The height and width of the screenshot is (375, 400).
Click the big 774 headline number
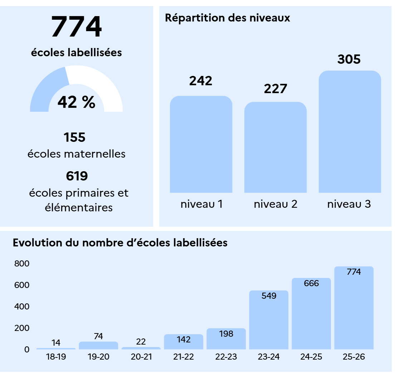pyautogui.click(x=76, y=27)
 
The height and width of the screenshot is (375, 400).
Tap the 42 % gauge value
pyautogui.click(x=76, y=102)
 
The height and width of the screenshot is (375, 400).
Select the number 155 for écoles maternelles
pyautogui.click(x=74, y=137)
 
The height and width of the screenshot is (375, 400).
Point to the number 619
pyautogui.click(x=77, y=176)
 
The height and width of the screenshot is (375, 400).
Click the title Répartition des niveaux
pyautogui.click(x=228, y=18)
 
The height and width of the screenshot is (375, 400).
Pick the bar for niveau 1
pyautogui.click(x=201, y=144)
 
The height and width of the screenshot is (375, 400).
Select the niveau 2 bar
pyautogui.click(x=275, y=148)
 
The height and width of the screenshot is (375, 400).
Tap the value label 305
pyautogui.click(x=349, y=59)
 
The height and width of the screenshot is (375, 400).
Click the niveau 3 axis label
pyautogui.click(x=349, y=204)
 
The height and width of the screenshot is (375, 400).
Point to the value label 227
pyautogui.click(x=275, y=89)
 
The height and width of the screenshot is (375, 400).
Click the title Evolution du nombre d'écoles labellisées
pyautogui.click(x=120, y=243)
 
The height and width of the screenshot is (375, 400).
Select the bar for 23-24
pyautogui.click(x=269, y=320)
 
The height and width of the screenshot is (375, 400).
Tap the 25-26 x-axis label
pyautogui.click(x=354, y=357)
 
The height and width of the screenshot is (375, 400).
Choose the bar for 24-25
pyautogui.click(x=312, y=314)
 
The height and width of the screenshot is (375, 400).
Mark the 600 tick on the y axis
pyautogui.click(x=22, y=285)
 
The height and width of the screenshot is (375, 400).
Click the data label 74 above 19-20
pyautogui.click(x=98, y=336)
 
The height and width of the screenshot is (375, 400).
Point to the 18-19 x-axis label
pyautogui.click(x=56, y=357)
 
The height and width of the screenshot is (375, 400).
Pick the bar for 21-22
pyautogui.click(x=184, y=342)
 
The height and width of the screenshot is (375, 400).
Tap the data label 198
pyautogui.click(x=226, y=333)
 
